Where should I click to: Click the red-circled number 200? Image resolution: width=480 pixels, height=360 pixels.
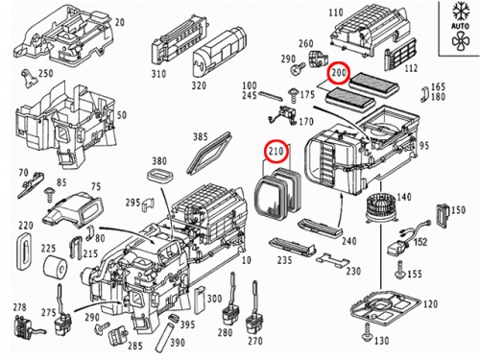[339, 73]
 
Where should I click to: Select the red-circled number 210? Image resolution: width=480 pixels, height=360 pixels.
[276, 151]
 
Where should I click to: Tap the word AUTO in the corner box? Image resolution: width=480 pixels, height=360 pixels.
[460, 25]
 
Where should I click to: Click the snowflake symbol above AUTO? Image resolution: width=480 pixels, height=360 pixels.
[460, 12]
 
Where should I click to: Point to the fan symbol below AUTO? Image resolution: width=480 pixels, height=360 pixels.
[461, 41]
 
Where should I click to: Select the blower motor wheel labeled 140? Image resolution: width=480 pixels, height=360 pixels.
[380, 208]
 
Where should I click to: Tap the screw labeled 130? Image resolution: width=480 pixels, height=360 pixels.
[367, 332]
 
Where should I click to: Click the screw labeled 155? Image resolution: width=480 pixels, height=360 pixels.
[400, 270]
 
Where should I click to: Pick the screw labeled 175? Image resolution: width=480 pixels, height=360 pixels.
[294, 95]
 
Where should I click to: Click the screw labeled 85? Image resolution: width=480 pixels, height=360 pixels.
[49, 194]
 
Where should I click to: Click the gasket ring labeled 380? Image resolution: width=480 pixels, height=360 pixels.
[159, 176]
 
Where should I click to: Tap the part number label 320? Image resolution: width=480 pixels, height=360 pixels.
[199, 85]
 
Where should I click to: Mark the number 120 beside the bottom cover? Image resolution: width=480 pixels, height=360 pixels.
[430, 303]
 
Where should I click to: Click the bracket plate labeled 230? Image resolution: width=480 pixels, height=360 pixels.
[332, 261]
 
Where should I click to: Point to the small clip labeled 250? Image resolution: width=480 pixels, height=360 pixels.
[28, 78]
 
